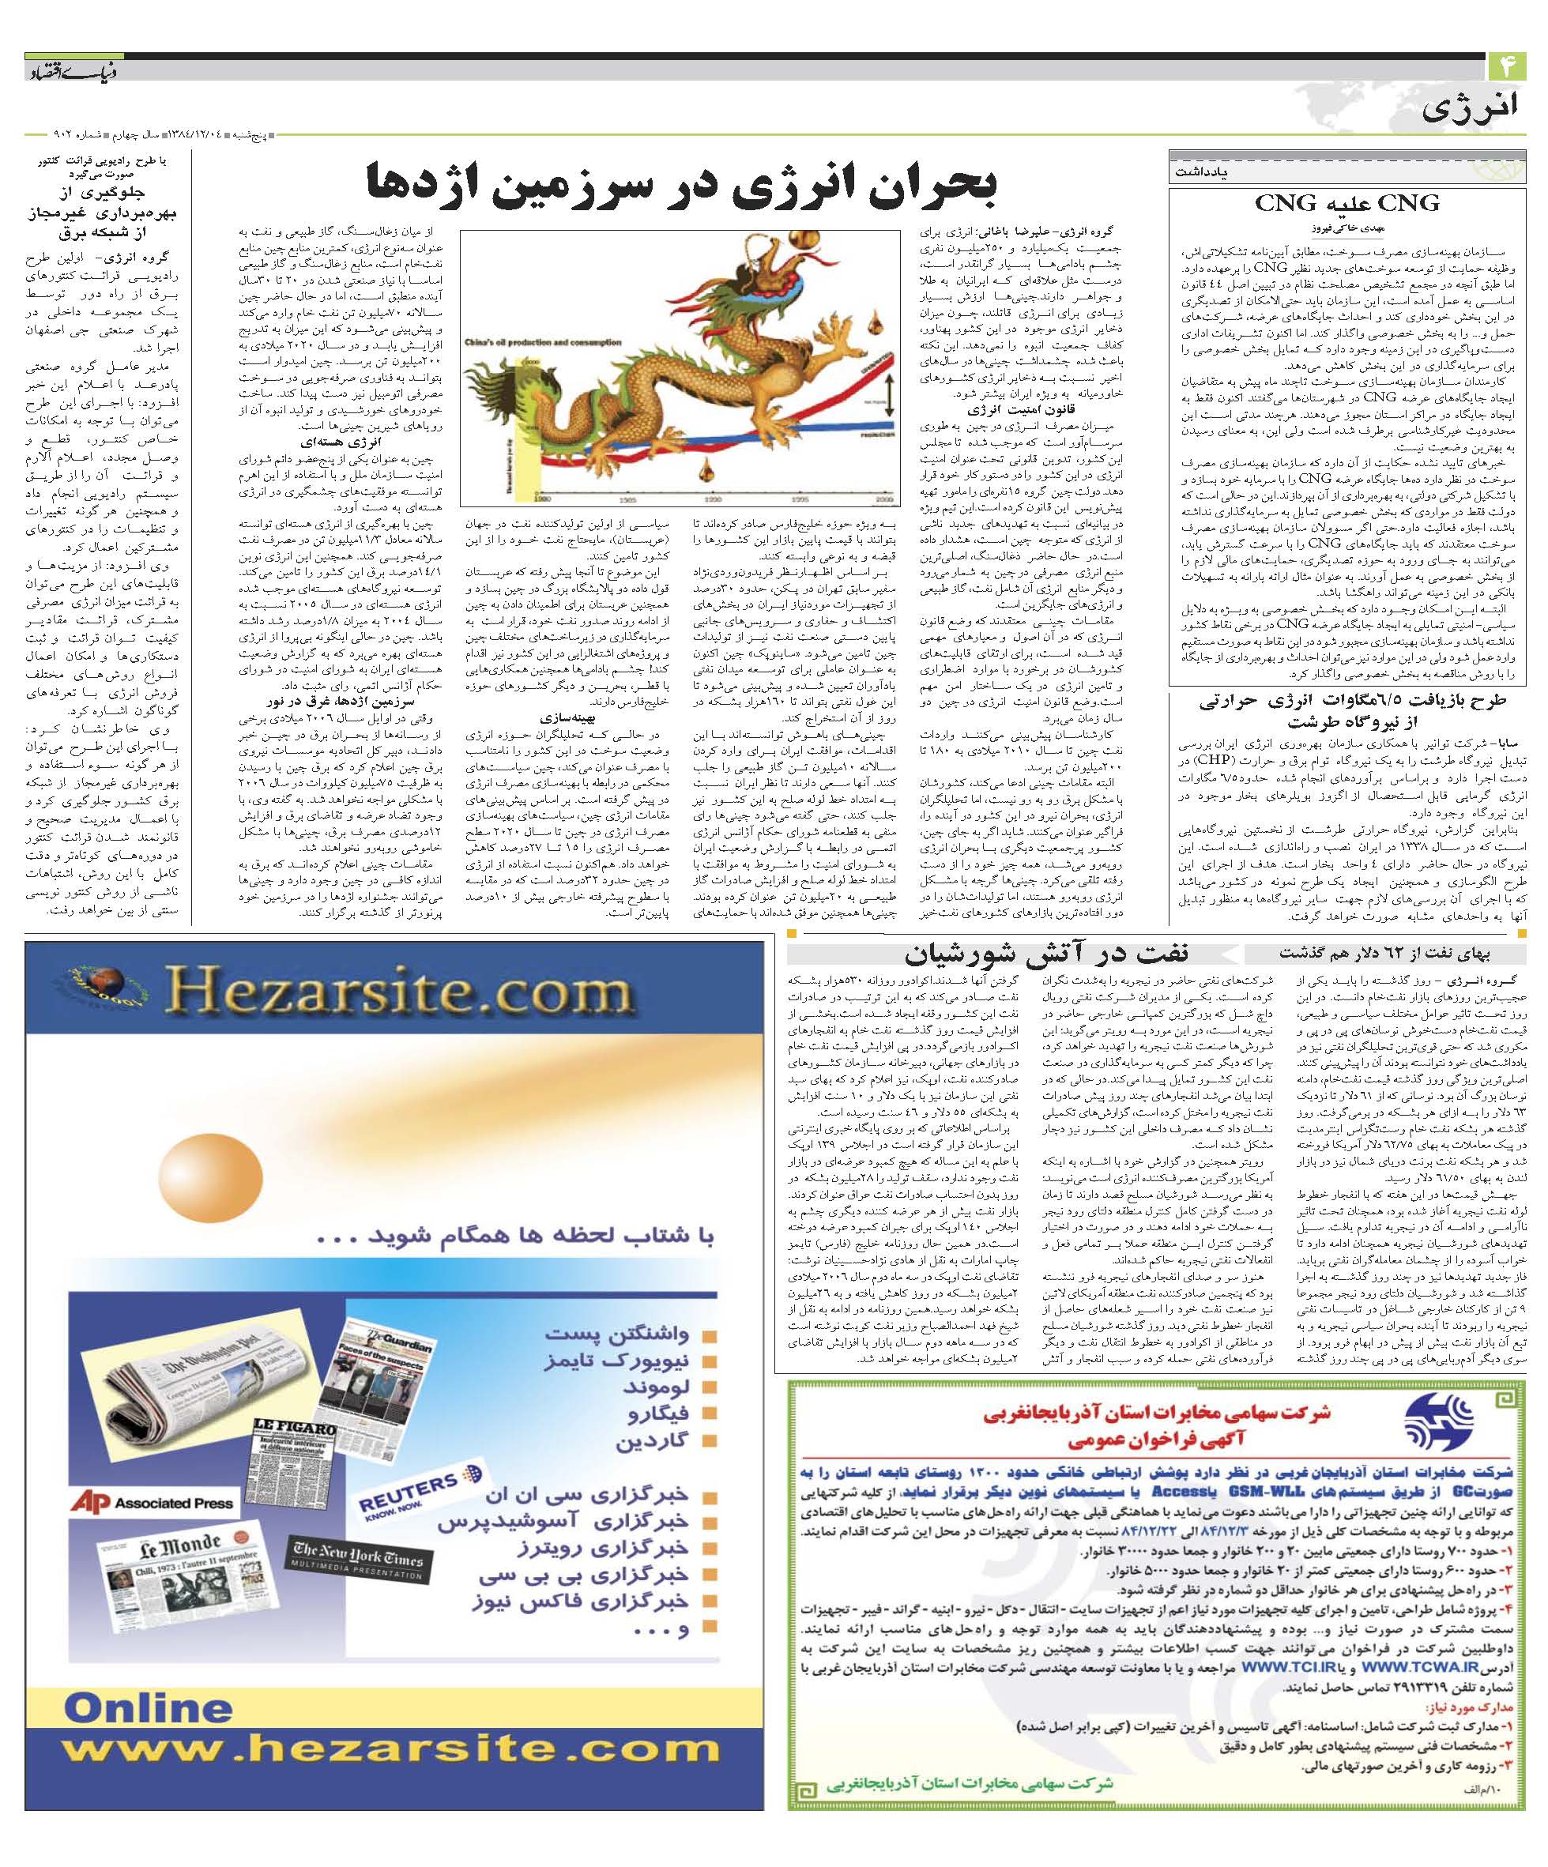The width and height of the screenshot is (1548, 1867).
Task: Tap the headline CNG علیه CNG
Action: click(1346, 204)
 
